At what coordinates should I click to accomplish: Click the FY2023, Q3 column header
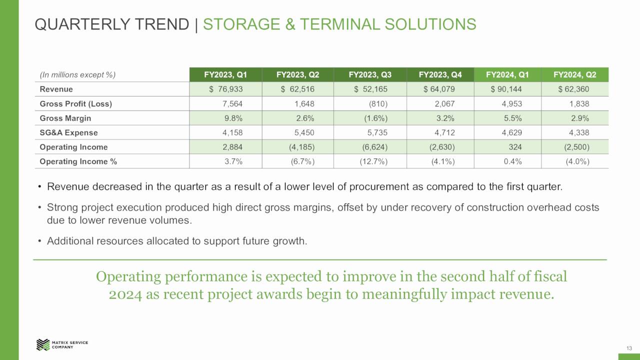pyautogui.click(x=370, y=75)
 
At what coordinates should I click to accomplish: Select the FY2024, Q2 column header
pyautogui.click(x=574, y=75)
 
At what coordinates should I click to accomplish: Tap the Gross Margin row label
pyautogui.click(x=65, y=118)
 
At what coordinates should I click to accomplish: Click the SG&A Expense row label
pyautogui.click(x=68, y=133)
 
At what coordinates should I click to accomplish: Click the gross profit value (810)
pyautogui.click(x=378, y=104)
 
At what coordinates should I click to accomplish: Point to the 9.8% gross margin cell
pyautogui.click(x=233, y=118)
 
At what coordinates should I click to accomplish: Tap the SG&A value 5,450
pyautogui.click(x=304, y=133)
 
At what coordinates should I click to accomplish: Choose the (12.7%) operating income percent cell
pyautogui.click(x=373, y=161)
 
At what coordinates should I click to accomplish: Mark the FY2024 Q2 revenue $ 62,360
pyautogui.click(x=573, y=89)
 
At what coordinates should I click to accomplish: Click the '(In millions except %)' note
pyautogui.click(x=77, y=75)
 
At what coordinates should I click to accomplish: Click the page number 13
pyautogui.click(x=629, y=348)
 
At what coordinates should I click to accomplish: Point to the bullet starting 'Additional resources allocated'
pyautogui.click(x=176, y=241)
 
